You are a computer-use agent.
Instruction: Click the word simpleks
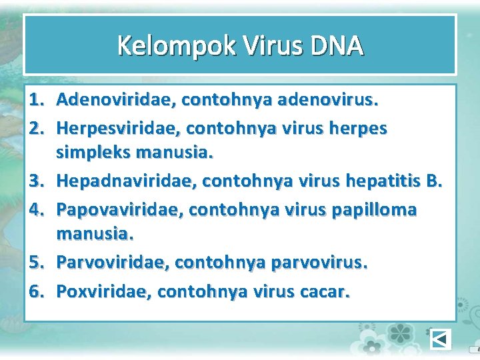coord(93,153)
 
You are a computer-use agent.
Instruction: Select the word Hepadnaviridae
coord(126,181)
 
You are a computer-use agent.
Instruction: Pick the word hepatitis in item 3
coord(383,181)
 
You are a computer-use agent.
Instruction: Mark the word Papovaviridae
coord(120,209)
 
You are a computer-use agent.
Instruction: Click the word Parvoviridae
coord(113,263)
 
